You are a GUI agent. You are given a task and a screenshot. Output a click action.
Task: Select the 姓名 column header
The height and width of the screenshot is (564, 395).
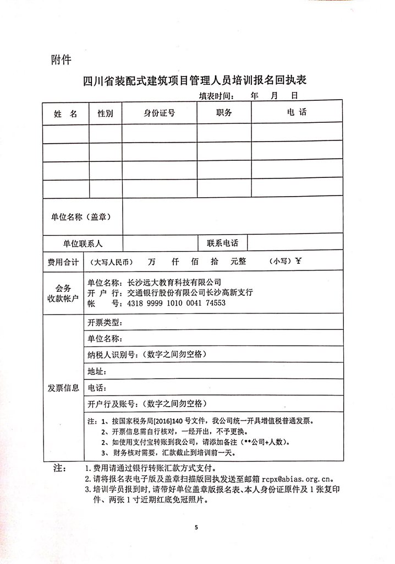click(65, 114)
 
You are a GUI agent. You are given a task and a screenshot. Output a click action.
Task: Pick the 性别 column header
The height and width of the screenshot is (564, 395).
click(105, 113)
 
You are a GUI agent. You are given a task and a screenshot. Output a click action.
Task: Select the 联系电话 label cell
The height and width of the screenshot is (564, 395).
click(223, 243)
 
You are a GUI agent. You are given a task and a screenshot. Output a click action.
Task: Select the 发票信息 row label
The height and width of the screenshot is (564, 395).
click(63, 388)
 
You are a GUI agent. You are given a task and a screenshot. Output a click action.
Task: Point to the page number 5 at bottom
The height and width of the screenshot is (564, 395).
click(196, 527)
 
